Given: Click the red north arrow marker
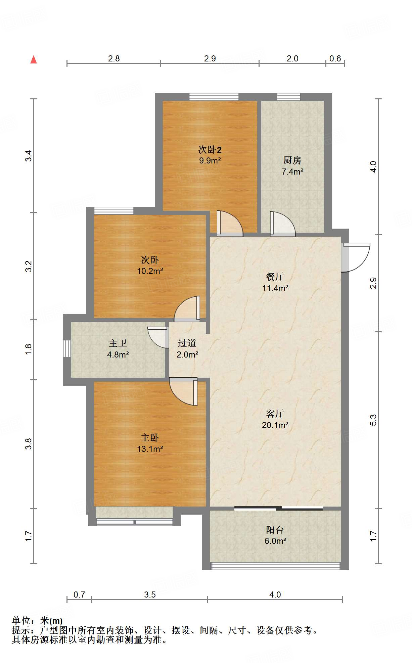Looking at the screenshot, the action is pyautogui.click(x=34, y=59).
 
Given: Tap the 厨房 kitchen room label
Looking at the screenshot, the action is pyautogui.click(x=292, y=160).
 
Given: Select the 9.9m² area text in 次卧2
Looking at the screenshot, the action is pyautogui.click(x=210, y=160).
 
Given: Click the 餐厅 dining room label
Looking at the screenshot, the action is pyautogui.click(x=275, y=277).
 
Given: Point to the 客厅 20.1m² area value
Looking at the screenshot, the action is pyautogui.click(x=275, y=425).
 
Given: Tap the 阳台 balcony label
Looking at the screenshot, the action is pyautogui.click(x=275, y=530).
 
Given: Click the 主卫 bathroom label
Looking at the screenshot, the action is pyautogui.click(x=118, y=343).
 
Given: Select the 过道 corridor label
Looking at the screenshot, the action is pyautogui.click(x=187, y=343).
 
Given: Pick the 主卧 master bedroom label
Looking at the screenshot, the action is pyautogui.click(x=150, y=438).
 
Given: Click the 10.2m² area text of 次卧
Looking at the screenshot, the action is pyautogui.click(x=150, y=271).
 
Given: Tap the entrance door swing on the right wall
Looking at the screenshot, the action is pyautogui.click(x=356, y=257).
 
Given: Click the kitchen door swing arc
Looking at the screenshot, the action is pyautogui.click(x=283, y=223).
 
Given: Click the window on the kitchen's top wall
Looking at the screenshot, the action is pyautogui.click(x=289, y=97).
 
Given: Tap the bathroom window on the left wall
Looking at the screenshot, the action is pyautogui.click(x=67, y=348).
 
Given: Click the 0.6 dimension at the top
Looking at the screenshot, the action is pyautogui.click(x=335, y=59).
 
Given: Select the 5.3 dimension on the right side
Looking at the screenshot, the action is pyautogui.click(x=373, y=420).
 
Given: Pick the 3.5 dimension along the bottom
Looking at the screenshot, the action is pyautogui.click(x=150, y=595).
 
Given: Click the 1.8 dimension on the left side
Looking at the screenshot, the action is pyautogui.click(x=29, y=349).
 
